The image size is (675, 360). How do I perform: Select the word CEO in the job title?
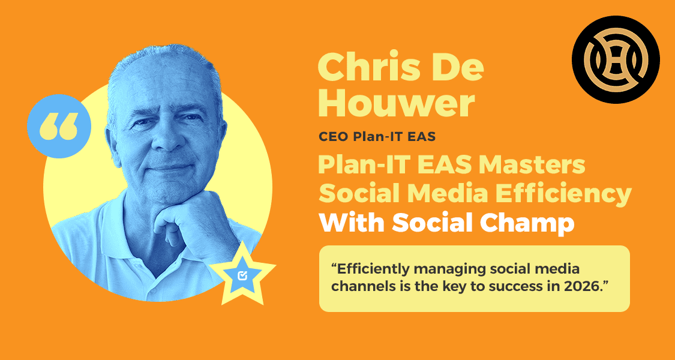click(x=332, y=137)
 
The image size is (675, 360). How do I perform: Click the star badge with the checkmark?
click(x=244, y=274)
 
